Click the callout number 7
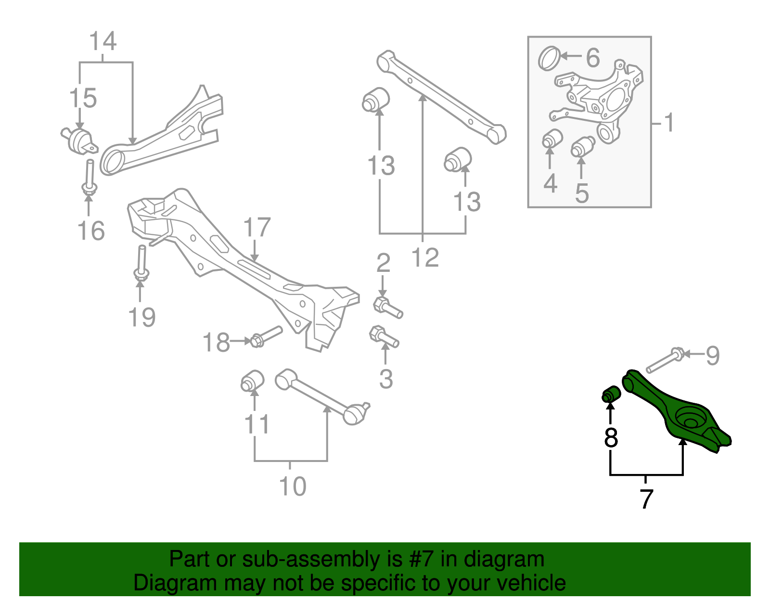point(646,499)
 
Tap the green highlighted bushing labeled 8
point(611,394)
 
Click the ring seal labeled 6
point(549,58)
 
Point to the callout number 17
point(257,228)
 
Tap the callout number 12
point(425,258)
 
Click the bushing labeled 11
point(252,381)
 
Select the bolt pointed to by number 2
point(387,307)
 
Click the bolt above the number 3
point(384,336)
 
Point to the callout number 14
point(103,41)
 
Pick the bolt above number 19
point(141,262)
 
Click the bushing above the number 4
point(552,139)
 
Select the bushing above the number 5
point(582,146)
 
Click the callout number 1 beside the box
point(669,123)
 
